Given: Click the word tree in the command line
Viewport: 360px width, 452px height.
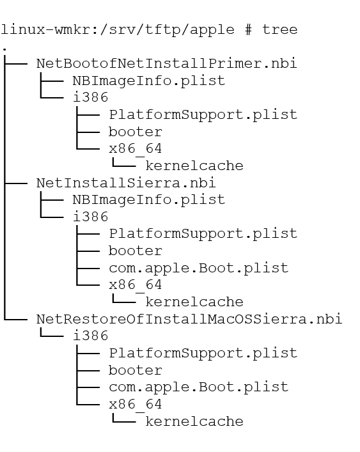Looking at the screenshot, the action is coord(280,29).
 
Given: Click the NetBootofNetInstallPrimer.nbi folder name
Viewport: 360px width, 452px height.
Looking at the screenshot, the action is coord(167,63).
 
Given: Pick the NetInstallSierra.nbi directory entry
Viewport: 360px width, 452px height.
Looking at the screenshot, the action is coord(126,183).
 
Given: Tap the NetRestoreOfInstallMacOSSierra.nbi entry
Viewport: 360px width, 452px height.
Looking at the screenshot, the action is coord(189,319).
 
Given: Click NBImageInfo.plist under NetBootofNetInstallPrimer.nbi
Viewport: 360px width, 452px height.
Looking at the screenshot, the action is coord(149,81).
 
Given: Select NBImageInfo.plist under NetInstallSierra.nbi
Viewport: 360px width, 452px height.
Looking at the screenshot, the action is coord(149,200).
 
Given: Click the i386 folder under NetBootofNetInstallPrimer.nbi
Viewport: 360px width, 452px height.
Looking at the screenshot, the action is coord(91,97).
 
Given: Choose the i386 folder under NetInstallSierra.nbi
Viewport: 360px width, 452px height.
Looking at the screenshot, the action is coord(91,217).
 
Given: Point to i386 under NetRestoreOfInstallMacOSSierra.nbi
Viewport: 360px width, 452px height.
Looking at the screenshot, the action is coord(91,336).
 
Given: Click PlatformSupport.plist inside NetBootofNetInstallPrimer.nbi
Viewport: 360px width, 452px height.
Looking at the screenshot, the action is coord(203,114).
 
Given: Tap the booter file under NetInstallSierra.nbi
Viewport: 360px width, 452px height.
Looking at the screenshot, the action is coord(135,251).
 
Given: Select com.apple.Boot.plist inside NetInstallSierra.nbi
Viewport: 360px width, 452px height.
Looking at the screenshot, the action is coord(199,268).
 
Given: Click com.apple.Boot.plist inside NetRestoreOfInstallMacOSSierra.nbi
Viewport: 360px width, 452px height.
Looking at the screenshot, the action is coord(199,387).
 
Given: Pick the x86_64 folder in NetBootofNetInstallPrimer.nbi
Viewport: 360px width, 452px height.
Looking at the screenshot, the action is coord(135,149).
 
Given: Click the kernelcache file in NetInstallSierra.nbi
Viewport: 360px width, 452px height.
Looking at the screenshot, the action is coord(194,302).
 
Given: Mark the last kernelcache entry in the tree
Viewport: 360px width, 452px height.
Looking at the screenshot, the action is coord(194,421).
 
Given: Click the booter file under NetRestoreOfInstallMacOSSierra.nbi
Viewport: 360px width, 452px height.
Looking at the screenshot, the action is coord(135,370).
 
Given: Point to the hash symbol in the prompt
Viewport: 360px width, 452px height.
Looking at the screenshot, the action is coord(249,29).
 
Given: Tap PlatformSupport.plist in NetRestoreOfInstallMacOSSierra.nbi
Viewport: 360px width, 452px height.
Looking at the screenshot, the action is coord(203,353).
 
